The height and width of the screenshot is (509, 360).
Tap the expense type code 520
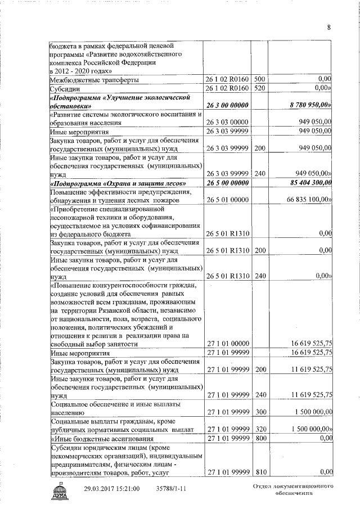pyautogui.click(x=260, y=88)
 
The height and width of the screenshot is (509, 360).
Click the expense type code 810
pyautogui.click(x=260, y=471)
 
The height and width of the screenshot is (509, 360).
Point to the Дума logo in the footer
pyautogui.click(x=58, y=491)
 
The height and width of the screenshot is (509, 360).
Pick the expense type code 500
pyautogui.click(x=260, y=80)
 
